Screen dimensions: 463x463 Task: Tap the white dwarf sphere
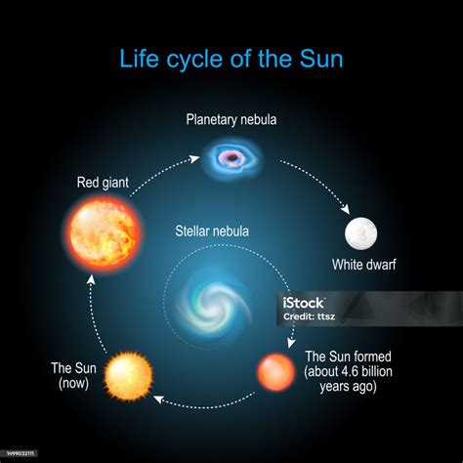click(360, 234)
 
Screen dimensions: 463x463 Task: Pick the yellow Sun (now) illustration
click(129, 375)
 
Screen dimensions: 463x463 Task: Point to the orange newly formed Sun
click(274, 372)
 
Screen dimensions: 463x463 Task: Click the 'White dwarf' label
click(363, 265)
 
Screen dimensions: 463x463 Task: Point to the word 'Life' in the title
click(139, 59)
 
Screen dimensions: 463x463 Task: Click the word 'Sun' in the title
click(322, 59)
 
